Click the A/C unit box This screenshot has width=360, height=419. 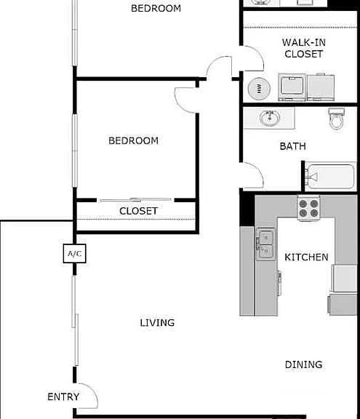click(74, 253)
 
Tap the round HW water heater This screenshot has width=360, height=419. click(259, 89)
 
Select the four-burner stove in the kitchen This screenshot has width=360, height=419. click(308, 208)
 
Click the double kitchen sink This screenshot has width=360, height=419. click(265, 244)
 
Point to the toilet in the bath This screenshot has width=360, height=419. click(336, 119)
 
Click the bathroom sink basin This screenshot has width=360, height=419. click(270, 118)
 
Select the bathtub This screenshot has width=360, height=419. click(330, 177)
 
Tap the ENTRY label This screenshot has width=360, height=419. click(63, 397)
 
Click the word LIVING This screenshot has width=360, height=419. click(157, 322)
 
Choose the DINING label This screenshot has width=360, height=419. click(304, 364)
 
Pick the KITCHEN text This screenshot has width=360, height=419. click(306, 257)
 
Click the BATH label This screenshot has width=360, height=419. click(292, 146)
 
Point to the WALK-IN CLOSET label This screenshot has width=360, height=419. click(304, 48)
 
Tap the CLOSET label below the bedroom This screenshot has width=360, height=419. click(138, 211)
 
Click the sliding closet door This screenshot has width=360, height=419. click(135, 199)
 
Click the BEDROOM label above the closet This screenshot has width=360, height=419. click(133, 140)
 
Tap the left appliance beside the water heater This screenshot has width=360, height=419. click(292, 87)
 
